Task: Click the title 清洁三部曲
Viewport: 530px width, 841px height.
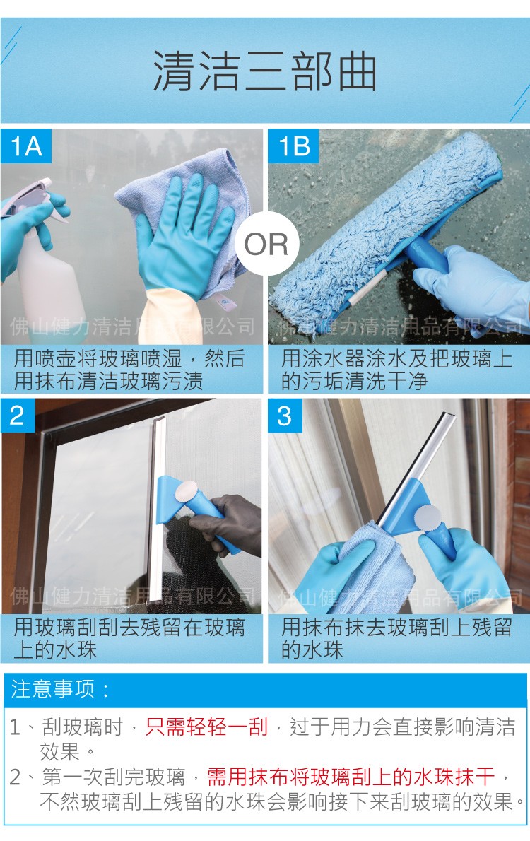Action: pos(264,71)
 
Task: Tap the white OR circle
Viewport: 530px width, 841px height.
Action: pos(266,245)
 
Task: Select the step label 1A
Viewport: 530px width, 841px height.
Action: pos(26,146)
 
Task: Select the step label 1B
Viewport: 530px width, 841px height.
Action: pos(293,146)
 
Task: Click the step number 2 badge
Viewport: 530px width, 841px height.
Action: pos(17,416)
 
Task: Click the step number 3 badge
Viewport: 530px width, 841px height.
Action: pos(284,416)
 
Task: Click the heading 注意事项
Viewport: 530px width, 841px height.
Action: pos(59,688)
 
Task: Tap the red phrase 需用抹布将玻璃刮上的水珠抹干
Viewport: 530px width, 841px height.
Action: pos(351,777)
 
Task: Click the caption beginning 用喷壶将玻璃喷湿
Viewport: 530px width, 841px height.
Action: pos(131,370)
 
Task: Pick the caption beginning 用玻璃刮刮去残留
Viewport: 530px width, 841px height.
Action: pos(131,638)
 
